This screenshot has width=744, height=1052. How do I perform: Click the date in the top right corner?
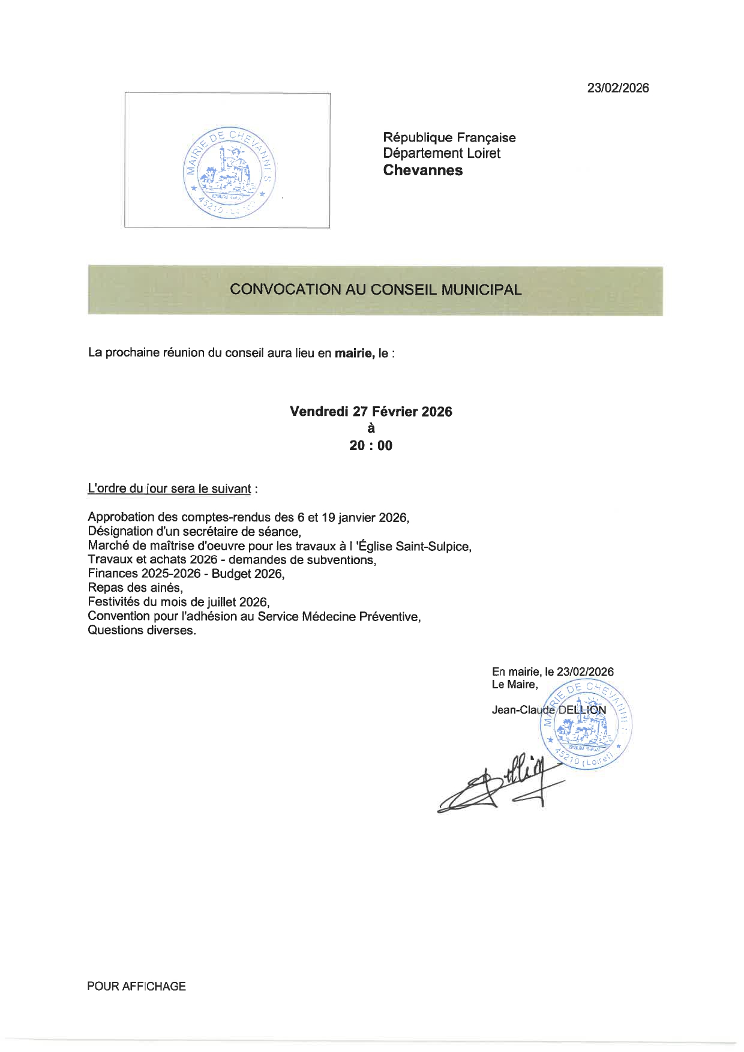pyautogui.click(x=617, y=88)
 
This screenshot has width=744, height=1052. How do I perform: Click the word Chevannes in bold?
pyautogui.click(x=422, y=170)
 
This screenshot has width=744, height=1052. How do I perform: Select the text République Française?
pyautogui.click(x=449, y=137)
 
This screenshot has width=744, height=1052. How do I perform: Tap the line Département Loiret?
pyautogui.click(x=442, y=154)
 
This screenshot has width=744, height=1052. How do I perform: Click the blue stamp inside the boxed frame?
pyautogui.click(x=229, y=172)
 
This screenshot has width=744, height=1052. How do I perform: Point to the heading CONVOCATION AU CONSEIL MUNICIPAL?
pyautogui.click(x=375, y=290)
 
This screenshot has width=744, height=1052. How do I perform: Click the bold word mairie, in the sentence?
pyautogui.click(x=354, y=353)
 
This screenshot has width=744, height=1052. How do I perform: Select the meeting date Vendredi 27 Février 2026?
pyautogui.click(x=371, y=412)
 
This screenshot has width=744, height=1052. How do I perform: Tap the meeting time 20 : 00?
pyautogui.click(x=371, y=446)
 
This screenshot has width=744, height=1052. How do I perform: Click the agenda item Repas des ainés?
pyautogui.click(x=135, y=588)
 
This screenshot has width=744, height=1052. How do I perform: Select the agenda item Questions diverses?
pyautogui.click(x=142, y=631)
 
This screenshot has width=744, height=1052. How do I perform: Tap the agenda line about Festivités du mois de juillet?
pyautogui.click(x=178, y=602)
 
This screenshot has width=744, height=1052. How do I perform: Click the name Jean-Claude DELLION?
pyautogui.click(x=548, y=711)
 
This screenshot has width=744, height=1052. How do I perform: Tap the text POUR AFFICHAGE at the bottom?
pyautogui.click(x=136, y=987)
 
